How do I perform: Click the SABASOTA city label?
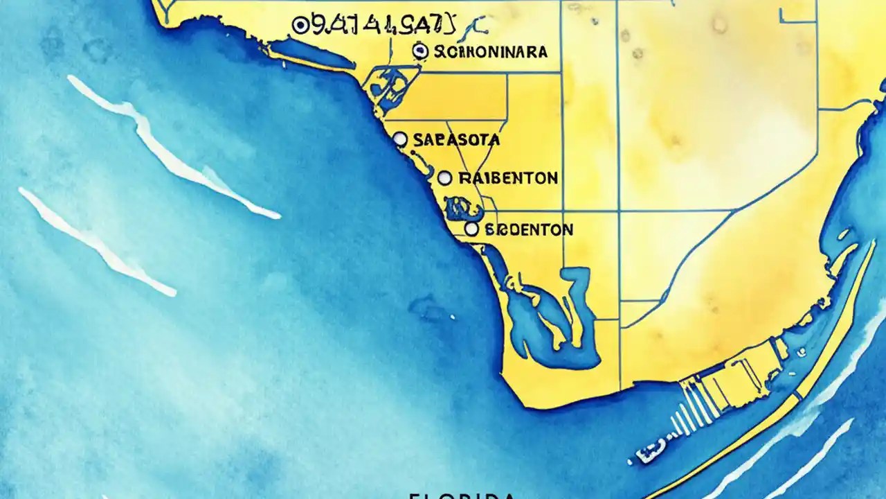455,139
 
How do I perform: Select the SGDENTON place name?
529,229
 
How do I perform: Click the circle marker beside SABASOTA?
400,139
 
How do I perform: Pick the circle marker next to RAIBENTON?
445,178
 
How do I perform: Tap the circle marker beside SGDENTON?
471,229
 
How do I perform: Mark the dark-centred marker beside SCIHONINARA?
418,50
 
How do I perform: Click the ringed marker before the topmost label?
300,26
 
